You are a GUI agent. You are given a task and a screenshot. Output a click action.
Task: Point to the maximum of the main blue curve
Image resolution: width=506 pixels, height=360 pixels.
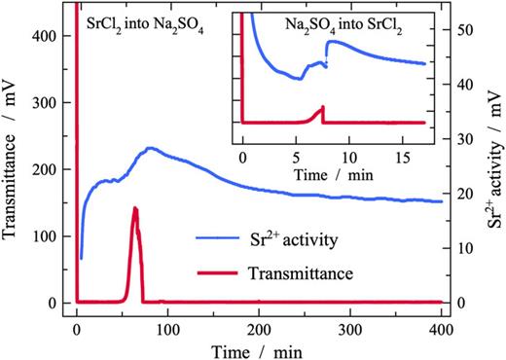tap(149, 148)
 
